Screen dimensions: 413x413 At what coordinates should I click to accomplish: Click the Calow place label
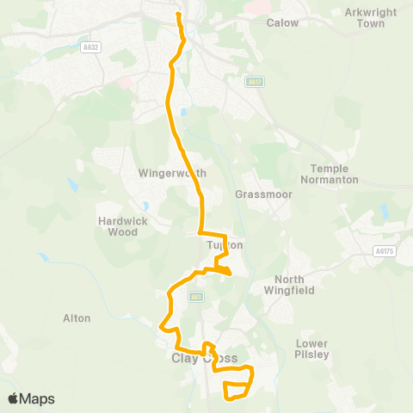coord(282,22)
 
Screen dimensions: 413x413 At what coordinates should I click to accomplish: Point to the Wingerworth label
coord(172,173)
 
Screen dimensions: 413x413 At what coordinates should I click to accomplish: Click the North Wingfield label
coord(294,285)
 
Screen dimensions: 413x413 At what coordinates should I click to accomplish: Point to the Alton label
coord(77,318)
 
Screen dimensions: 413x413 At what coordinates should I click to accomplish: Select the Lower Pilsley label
coord(312,348)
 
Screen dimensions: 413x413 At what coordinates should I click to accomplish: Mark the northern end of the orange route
coord(178,14)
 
